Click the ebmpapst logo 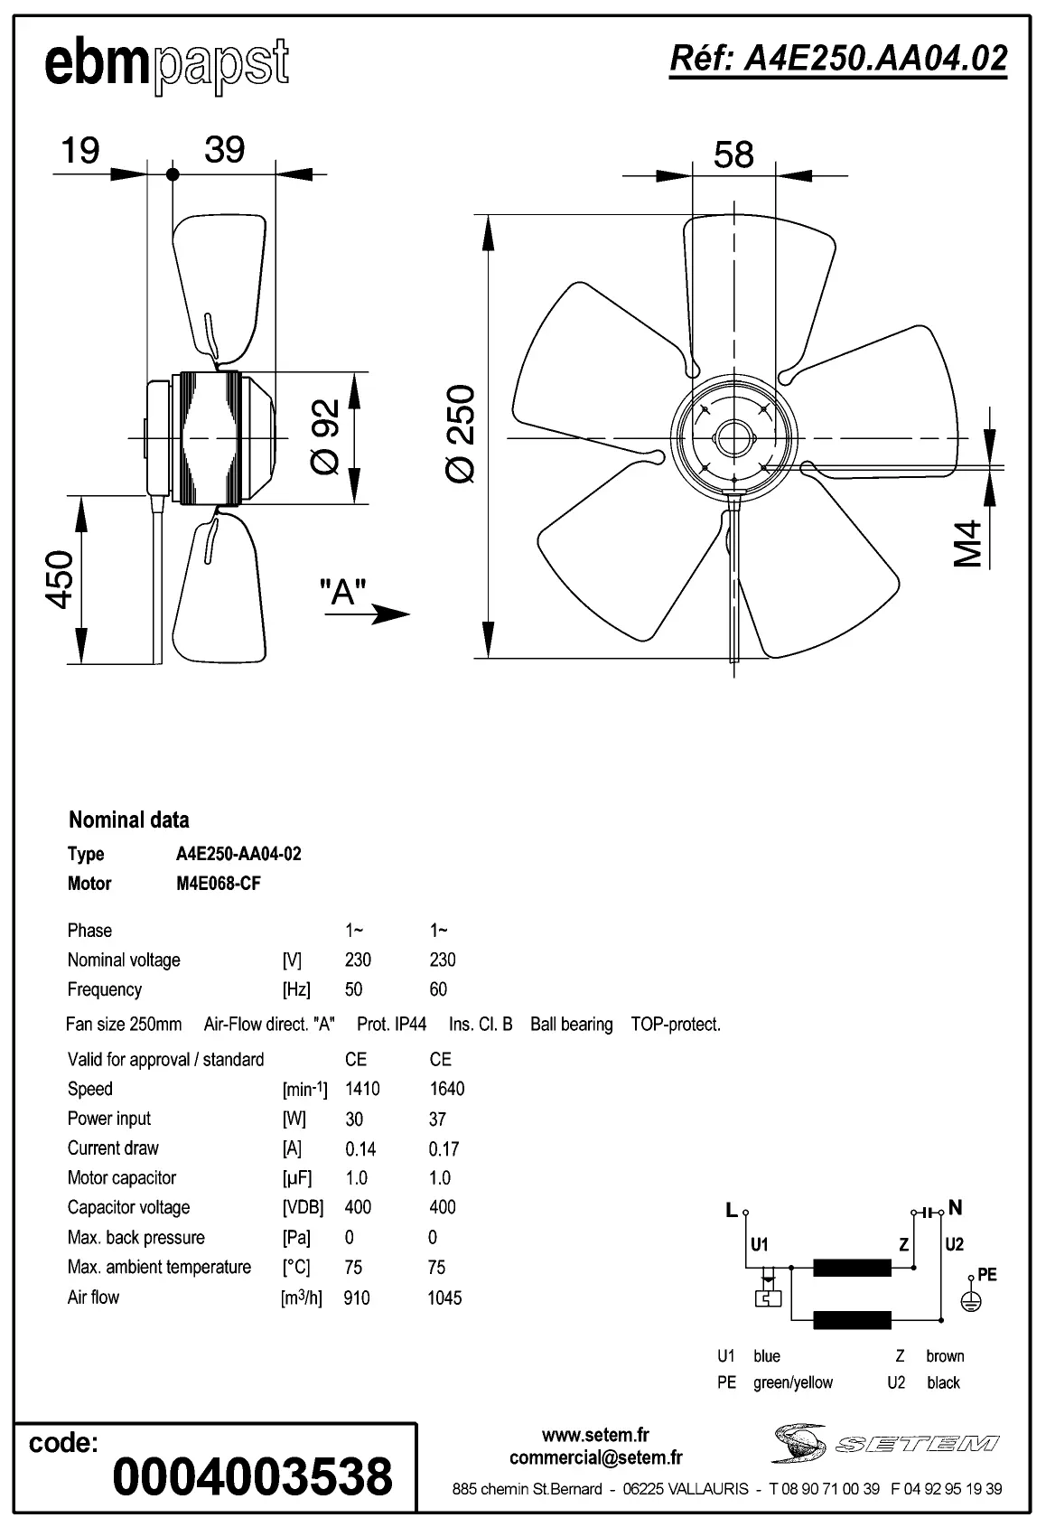tap(167, 65)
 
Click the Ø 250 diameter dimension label tap(462, 434)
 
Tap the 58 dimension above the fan tap(733, 155)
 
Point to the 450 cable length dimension tap(60, 579)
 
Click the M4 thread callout tap(967, 543)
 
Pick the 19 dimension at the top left tap(79, 151)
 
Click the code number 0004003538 tap(252, 1476)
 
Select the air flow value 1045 tap(444, 1298)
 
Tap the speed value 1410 tap(362, 1089)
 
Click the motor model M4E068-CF tap(218, 884)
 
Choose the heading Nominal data tap(129, 820)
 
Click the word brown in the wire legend tap(945, 1356)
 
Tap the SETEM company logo tap(885, 1443)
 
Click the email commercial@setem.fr tap(595, 1457)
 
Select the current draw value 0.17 tap(444, 1149)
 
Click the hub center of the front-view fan tap(733, 438)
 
